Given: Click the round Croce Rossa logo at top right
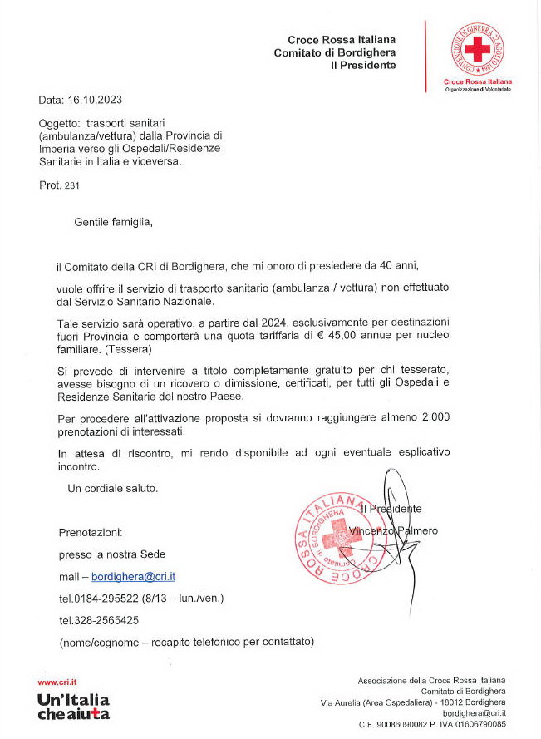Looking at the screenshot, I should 477,47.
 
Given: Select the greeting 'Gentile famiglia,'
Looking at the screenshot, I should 114,223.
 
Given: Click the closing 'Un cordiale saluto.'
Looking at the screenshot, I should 112,488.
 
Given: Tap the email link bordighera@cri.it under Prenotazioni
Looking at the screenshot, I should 133,576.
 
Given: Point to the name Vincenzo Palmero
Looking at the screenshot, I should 393,530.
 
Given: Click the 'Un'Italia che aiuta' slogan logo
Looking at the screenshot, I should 73,707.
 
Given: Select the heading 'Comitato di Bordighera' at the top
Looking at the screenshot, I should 335,52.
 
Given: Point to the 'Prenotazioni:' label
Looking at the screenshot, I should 91,531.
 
